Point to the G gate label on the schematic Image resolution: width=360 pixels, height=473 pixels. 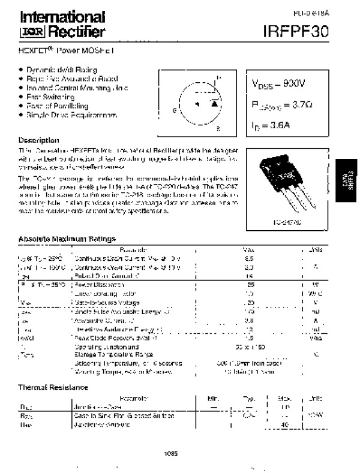coord(174,110)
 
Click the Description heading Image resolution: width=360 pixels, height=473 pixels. coord(39,140)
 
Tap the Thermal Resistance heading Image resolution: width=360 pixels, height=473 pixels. coord(53,387)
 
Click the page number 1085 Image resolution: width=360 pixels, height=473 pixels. coord(171,454)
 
